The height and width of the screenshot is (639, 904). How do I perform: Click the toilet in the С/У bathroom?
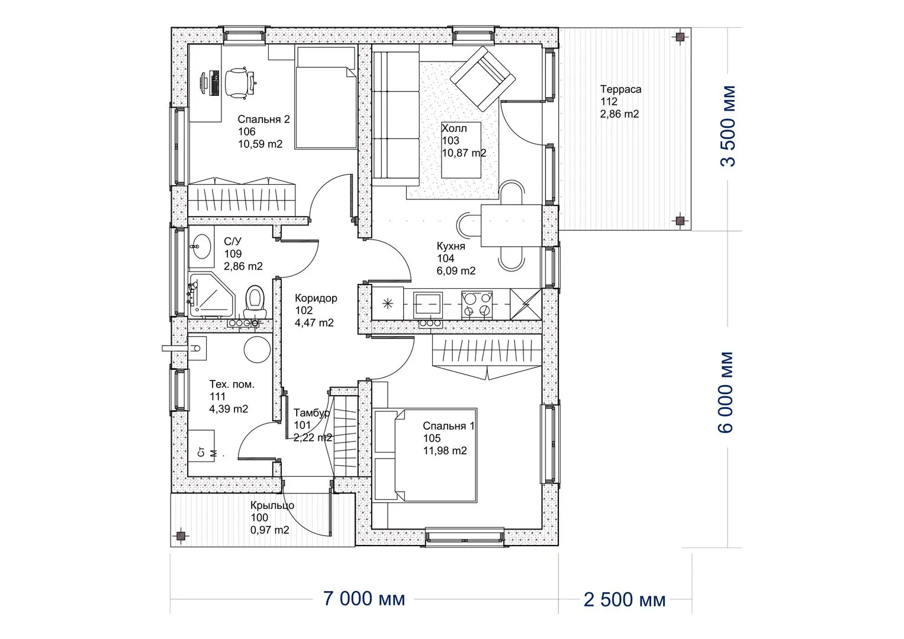255,302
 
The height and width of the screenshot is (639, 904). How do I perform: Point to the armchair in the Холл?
482,78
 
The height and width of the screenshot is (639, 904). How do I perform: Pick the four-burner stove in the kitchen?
477,305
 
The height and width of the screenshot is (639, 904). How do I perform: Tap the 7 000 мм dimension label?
364,599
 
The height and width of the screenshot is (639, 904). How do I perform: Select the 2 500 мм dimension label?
625,600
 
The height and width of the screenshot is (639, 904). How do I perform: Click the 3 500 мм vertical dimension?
728,126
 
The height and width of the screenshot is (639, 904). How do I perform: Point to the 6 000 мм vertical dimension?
725,392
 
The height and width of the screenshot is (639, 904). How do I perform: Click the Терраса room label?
620,89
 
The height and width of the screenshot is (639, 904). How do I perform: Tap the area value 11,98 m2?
445,451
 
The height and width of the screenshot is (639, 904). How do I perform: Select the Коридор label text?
316,298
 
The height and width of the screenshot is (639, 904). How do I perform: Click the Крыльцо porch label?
272,505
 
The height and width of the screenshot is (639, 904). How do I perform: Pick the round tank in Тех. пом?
258,350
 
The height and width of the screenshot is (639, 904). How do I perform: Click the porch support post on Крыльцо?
181,535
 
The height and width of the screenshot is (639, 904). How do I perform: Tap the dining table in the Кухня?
511,225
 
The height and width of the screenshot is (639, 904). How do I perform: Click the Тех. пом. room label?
231,385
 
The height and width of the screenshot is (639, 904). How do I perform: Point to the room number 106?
247,131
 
